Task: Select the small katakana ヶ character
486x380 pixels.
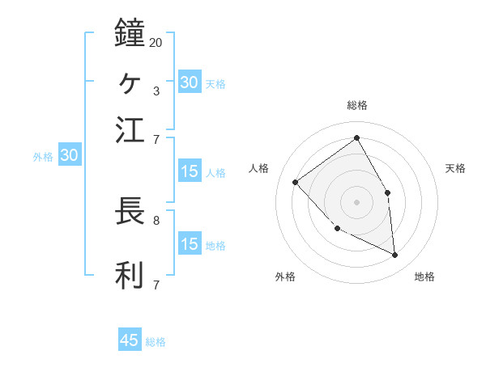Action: point(130,82)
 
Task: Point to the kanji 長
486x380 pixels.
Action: point(130,211)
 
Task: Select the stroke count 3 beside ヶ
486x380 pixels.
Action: point(156,91)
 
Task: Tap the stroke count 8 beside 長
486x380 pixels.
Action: point(156,219)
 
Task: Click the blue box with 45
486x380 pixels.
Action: point(130,340)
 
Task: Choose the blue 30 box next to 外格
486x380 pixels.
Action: point(69,156)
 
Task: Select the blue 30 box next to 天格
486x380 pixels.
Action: point(190,82)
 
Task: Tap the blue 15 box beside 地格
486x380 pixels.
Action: point(190,244)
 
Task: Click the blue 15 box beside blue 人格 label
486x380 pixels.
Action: point(190,171)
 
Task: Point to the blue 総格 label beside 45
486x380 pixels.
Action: point(156,342)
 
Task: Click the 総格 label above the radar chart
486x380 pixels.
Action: point(356,105)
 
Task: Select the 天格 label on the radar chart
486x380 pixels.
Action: point(455,168)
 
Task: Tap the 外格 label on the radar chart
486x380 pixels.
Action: point(285,277)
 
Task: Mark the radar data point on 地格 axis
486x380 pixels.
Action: point(394,255)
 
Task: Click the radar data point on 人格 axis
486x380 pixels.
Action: point(296,182)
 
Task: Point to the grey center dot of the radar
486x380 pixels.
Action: point(356,201)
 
